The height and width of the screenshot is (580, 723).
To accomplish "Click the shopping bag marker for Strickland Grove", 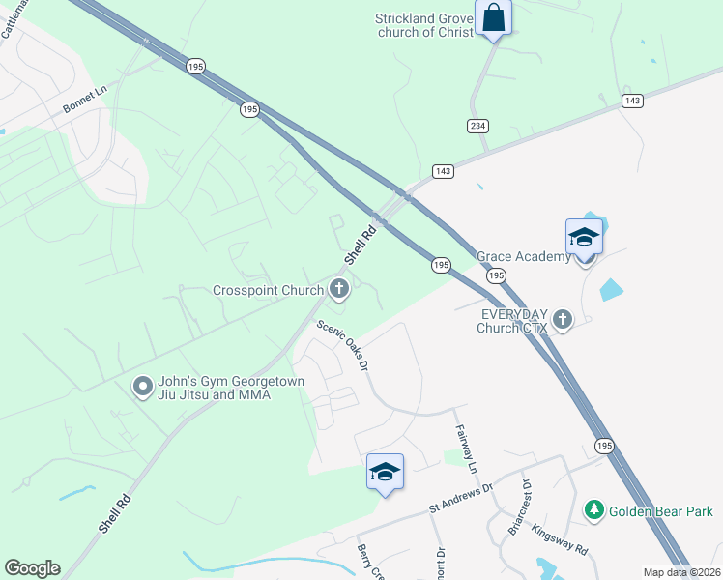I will coord(493,18).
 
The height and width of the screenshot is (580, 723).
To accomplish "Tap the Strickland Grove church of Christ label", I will coord(425,24).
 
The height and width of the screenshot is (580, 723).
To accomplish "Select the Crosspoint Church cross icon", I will coord(339,287).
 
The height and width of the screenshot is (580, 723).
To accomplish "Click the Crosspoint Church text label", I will coord(269,290).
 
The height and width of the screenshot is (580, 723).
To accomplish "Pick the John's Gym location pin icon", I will coord(143,388).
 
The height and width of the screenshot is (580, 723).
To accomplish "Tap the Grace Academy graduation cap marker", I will coord(584,237).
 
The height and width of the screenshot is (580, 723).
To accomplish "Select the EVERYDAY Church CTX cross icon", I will coord(563,321).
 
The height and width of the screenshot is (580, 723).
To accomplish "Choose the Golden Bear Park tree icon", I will coord(593,509).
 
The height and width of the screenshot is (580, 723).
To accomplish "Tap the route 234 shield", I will coord(478,125).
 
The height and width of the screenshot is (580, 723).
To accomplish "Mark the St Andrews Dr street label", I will coord(461,500).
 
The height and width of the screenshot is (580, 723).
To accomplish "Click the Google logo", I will coord(32,568).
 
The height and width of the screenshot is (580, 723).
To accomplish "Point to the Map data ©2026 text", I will coord(682,572).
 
